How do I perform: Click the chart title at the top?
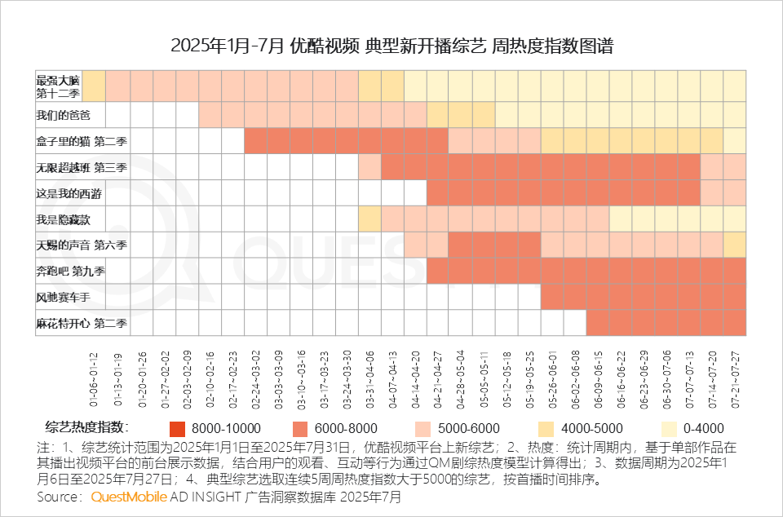pyautogui.click(x=391, y=46)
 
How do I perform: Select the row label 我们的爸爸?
pyautogui.click(x=58, y=115)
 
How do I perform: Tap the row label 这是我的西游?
pyautogui.click(x=69, y=193)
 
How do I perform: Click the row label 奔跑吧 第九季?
pyautogui.click(x=70, y=271)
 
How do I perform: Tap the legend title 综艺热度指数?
pyautogui.click(x=86, y=427)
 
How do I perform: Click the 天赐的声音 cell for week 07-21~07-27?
pyautogui.click(x=734, y=245)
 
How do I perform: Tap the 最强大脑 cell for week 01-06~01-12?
pyautogui.click(x=95, y=85)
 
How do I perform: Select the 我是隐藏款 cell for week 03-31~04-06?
pyautogui.click(x=369, y=219)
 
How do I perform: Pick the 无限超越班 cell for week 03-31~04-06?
pyautogui.click(x=369, y=166)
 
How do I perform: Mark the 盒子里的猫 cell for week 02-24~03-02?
pyautogui.click(x=254, y=140)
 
